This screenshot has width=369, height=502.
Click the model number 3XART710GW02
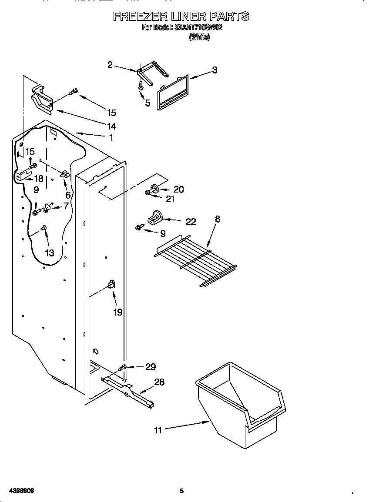[x=199, y=27]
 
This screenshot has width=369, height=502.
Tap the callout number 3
[x=215, y=70]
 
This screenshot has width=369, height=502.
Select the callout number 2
[x=110, y=65]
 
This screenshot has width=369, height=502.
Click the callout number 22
[x=191, y=222]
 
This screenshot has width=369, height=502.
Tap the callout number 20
[x=178, y=189]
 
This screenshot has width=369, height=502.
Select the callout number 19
[x=118, y=312]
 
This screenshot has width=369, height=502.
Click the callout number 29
[x=150, y=367]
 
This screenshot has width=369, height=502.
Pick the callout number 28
[x=160, y=382]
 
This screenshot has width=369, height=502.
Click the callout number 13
[x=50, y=253]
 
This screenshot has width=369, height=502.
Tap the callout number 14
[x=111, y=126]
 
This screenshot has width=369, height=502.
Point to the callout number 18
[x=39, y=178]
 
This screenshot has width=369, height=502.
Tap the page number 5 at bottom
[x=182, y=491]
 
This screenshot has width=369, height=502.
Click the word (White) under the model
[x=199, y=37]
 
